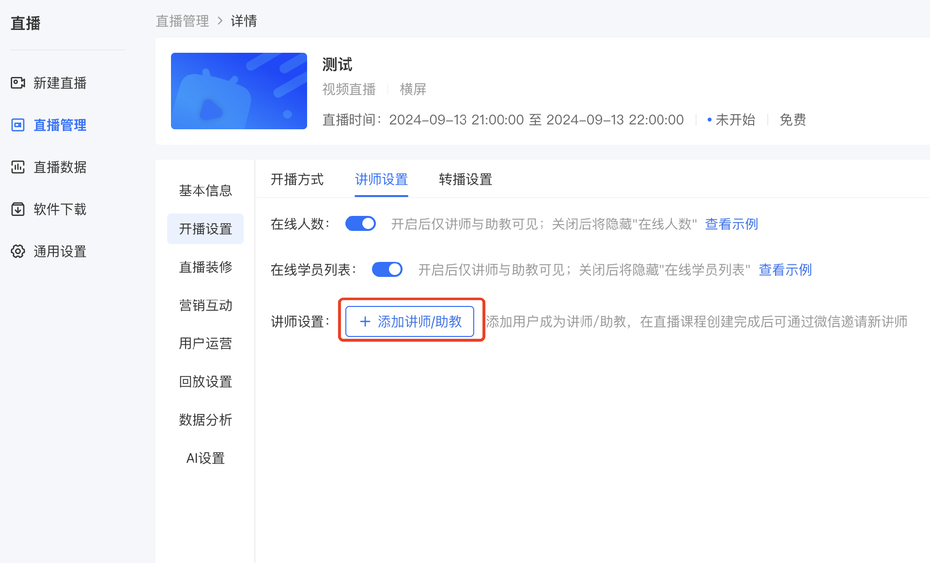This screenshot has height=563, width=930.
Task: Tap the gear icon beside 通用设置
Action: pyautogui.click(x=18, y=251)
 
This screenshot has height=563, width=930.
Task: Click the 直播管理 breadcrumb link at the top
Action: pyautogui.click(x=182, y=21)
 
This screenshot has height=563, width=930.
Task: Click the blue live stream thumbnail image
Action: pyautogui.click(x=239, y=91)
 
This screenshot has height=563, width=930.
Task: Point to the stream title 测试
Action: pyautogui.click(x=337, y=64)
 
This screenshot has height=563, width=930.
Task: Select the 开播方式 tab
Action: pyautogui.click(x=297, y=180)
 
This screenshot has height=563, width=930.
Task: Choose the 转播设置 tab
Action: pyautogui.click(x=465, y=180)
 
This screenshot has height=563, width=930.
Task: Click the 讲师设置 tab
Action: pyautogui.click(x=381, y=180)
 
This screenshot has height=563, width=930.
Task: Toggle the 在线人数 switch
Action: pyautogui.click(x=360, y=224)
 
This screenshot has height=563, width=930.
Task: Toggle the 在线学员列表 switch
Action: pyautogui.click(x=387, y=269)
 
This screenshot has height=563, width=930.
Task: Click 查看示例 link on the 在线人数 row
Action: pyautogui.click(x=731, y=224)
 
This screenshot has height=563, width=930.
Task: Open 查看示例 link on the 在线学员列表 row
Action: pyautogui.click(x=785, y=270)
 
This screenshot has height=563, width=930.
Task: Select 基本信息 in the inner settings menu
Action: pyautogui.click(x=205, y=191)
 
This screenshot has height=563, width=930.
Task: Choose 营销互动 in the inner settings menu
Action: pyautogui.click(x=205, y=305)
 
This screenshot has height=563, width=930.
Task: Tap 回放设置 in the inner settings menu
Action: pyautogui.click(x=205, y=382)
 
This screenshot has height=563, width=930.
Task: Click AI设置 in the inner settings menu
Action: pyautogui.click(x=205, y=458)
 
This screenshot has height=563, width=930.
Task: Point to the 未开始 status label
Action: pyautogui.click(x=735, y=120)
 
